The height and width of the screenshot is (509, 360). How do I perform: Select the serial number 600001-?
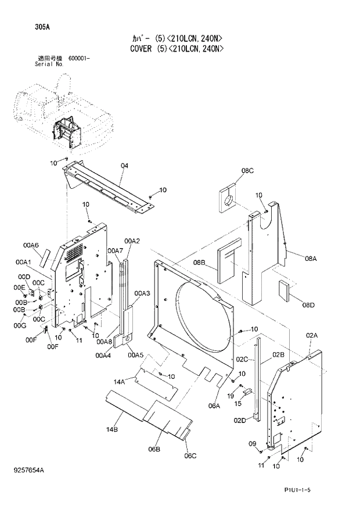[x=79, y=59]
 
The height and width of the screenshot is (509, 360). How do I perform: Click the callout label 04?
[x=124, y=167]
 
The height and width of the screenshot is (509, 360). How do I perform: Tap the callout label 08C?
[x=248, y=170]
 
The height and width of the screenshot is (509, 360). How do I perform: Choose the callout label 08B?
[x=200, y=263]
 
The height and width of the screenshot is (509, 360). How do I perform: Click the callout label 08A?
[x=310, y=259]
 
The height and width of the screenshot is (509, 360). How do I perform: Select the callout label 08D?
[x=308, y=306]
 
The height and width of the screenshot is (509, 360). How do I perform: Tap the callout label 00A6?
[x=31, y=246]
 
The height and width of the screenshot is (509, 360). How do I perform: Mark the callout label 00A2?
[x=132, y=241]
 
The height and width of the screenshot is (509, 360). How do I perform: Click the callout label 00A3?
[x=142, y=293]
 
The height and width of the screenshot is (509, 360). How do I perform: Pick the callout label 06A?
[x=215, y=406]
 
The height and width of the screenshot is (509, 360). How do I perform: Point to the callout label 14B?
[x=112, y=429]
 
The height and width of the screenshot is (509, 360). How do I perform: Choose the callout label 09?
[x=253, y=444]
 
